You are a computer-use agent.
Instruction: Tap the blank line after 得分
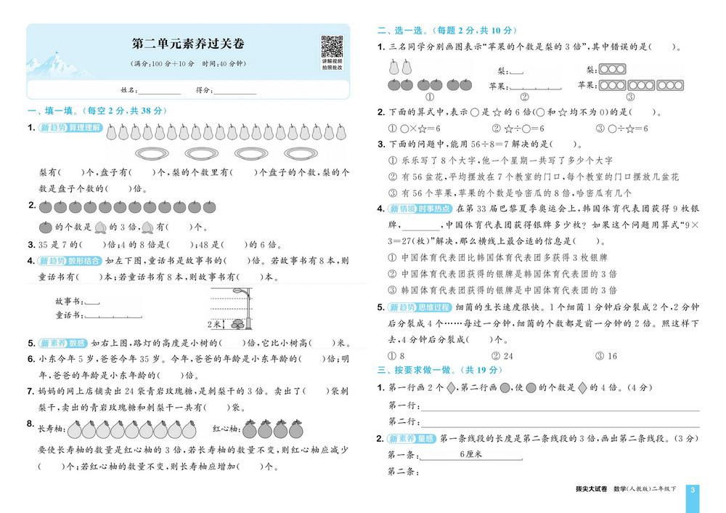click(x=235, y=92)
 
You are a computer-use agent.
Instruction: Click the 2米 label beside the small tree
click(x=215, y=324)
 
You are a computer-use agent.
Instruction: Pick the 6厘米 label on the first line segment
click(x=472, y=454)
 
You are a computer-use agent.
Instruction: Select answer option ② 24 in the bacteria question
click(x=502, y=356)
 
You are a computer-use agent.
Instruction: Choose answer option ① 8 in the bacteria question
click(x=397, y=356)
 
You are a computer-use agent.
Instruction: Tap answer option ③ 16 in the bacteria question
click(x=605, y=356)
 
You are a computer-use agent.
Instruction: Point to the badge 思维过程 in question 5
click(x=431, y=307)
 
